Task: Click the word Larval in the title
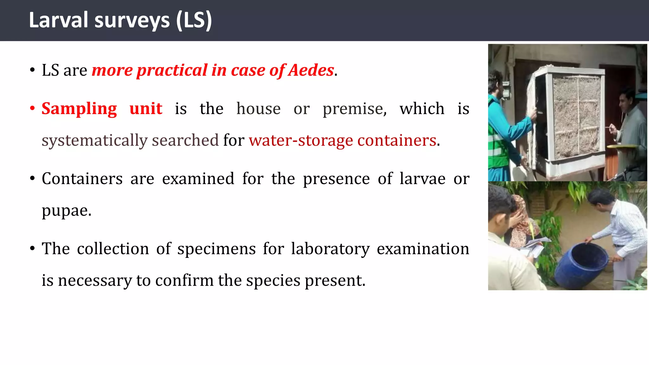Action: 58,20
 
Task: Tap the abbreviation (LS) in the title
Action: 194,20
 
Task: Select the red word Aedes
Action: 311,70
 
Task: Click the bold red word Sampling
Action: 79,109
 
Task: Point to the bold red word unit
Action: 146,109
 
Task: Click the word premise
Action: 354,109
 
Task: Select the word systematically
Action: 94,140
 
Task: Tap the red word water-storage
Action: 301,140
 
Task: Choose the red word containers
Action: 396,140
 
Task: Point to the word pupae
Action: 66,211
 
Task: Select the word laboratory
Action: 330,249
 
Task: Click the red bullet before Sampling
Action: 32,108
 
